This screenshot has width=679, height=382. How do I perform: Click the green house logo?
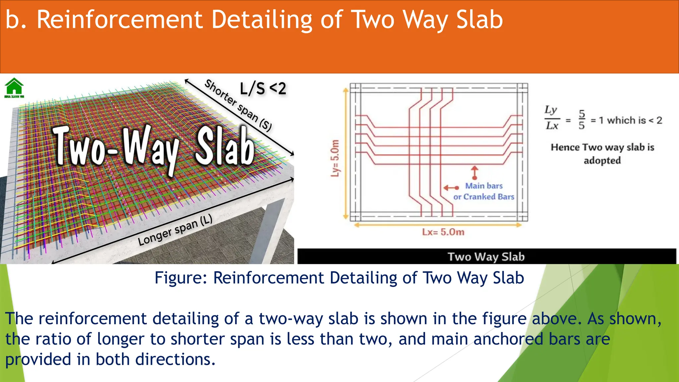14,87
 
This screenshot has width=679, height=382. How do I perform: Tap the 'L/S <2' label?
263,89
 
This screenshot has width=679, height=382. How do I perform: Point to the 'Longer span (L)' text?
175,230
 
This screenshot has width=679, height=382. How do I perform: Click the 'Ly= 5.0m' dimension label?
335,158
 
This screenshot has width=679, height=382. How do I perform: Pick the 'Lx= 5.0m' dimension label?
443,232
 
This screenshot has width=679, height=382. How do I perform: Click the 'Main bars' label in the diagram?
484,186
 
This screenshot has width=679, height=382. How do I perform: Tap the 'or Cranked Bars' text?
484,197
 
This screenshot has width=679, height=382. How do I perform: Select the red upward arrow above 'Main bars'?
475,172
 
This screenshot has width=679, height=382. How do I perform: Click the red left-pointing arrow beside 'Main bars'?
451,188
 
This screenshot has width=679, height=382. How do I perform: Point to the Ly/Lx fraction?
552,118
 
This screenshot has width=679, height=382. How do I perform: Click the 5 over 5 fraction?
582,119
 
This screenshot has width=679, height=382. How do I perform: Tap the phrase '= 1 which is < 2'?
626,120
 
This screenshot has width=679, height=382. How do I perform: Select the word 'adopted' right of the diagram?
602,160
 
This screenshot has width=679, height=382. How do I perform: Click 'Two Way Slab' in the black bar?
486,257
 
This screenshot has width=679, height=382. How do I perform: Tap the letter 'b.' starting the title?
16,20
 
